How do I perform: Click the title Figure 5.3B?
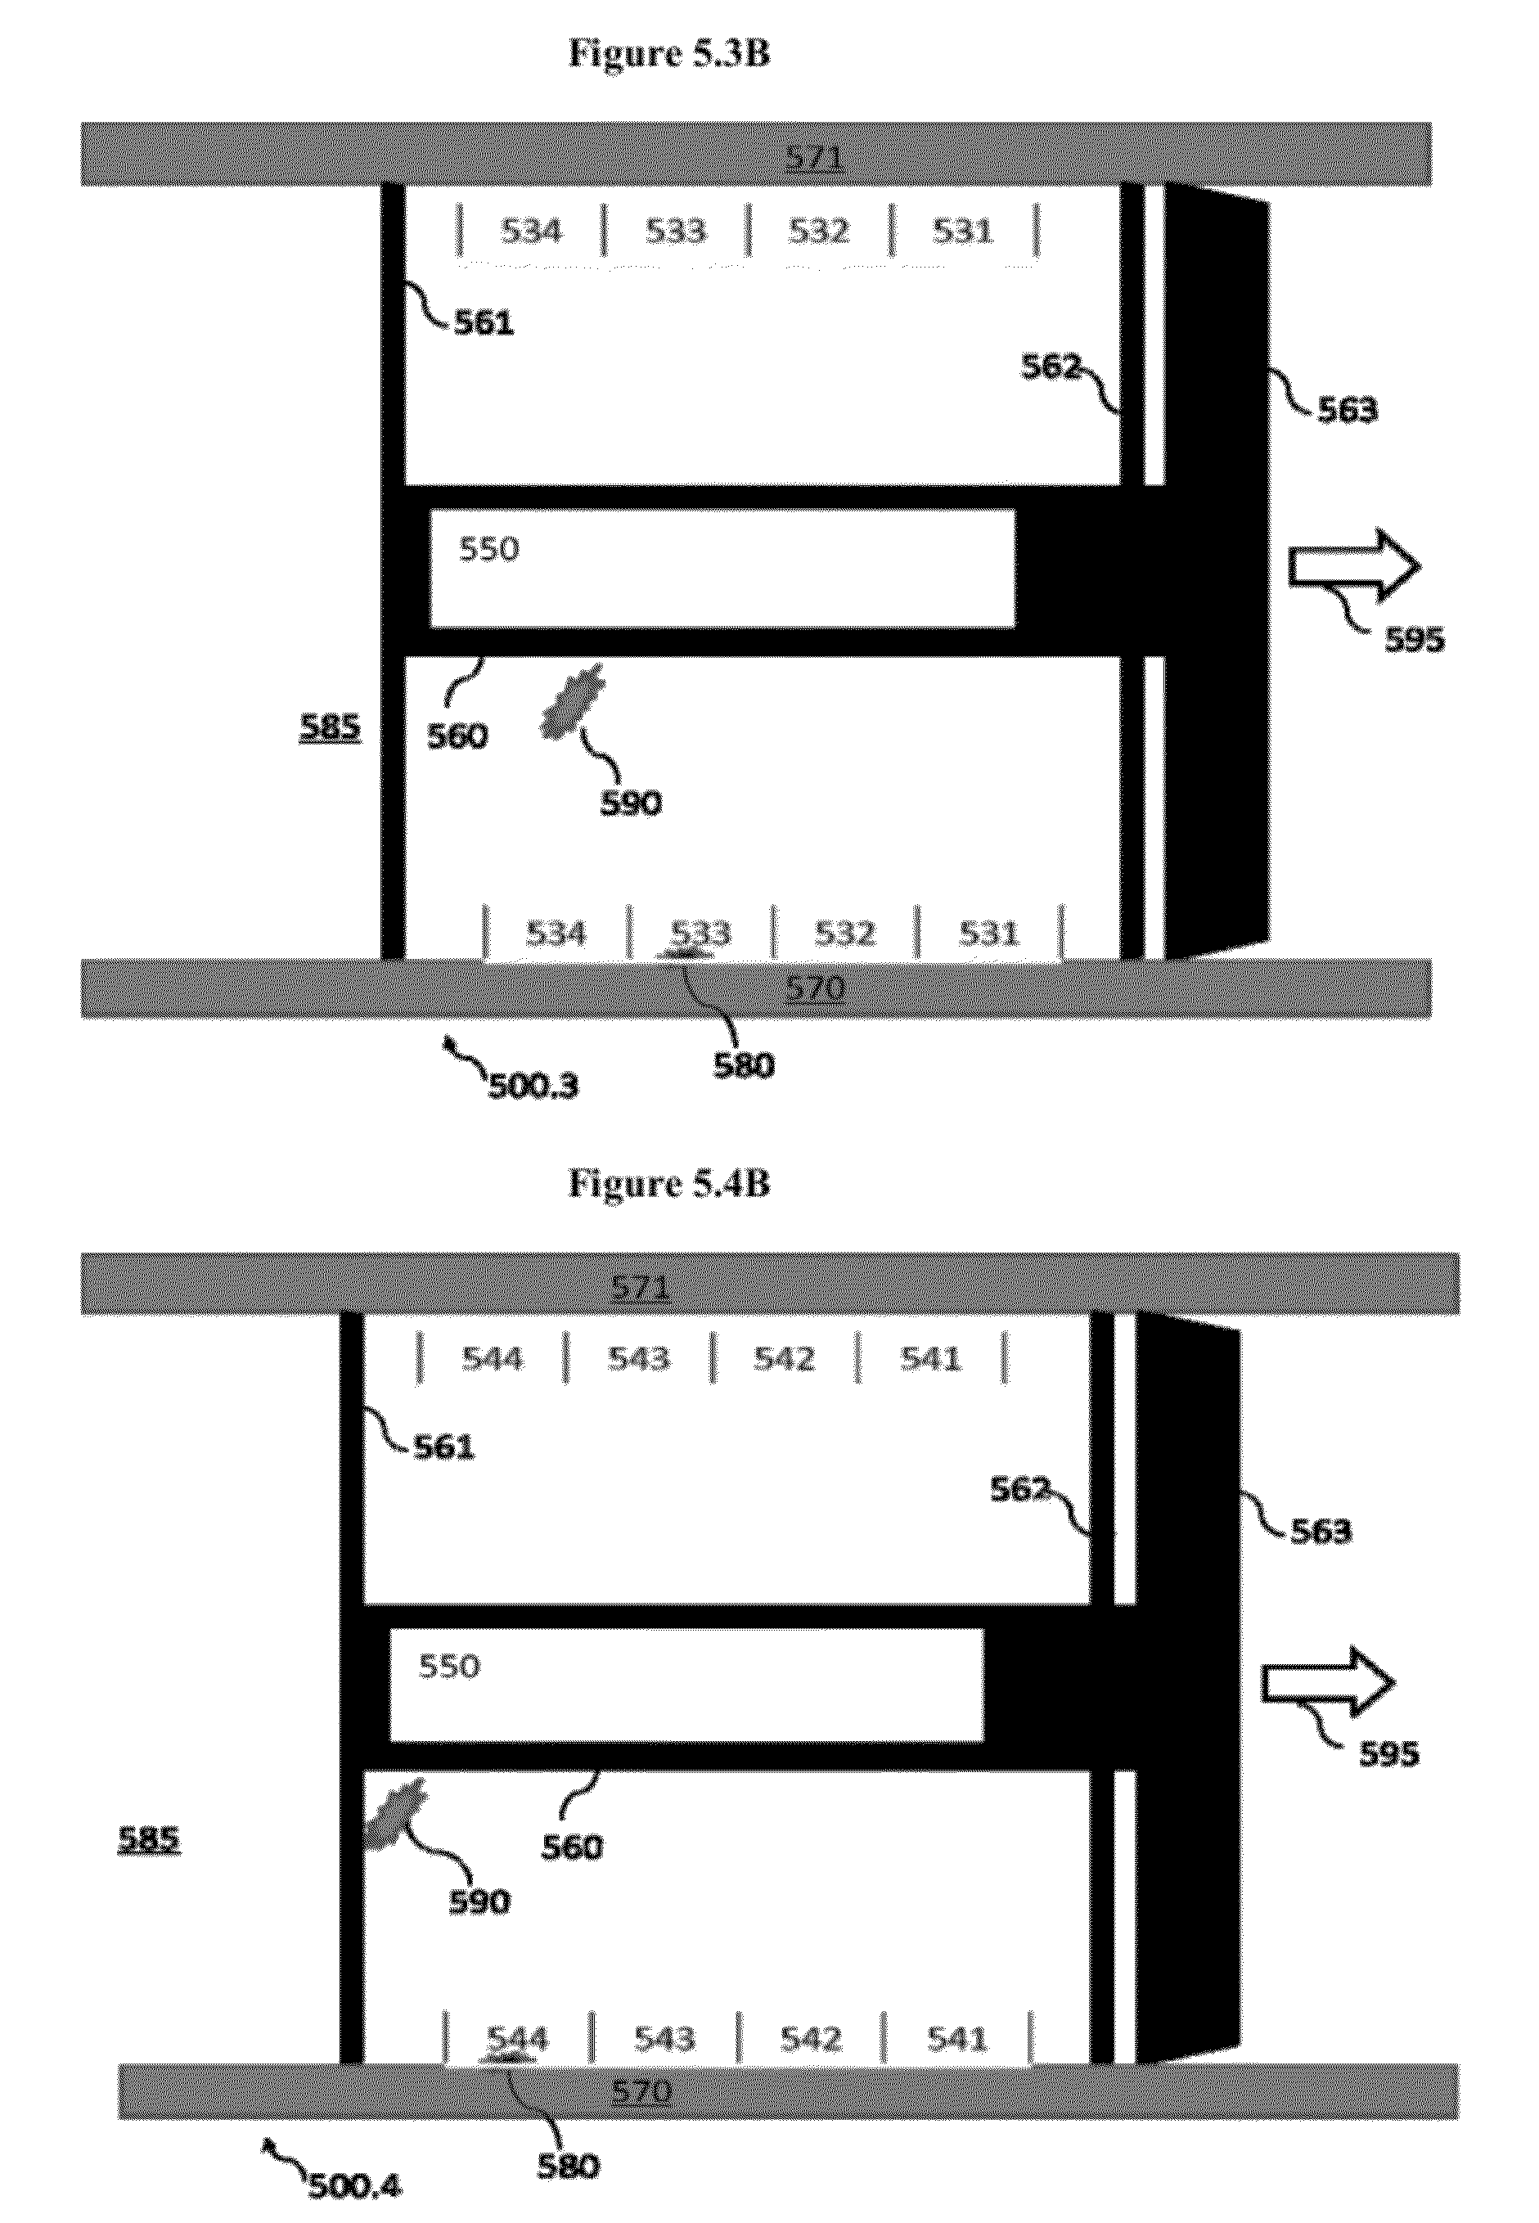pyautogui.click(x=669, y=54)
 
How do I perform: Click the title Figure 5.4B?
pyautogui.click(x=669, y=1182)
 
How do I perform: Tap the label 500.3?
pyautogui.click(x=533, y=1087)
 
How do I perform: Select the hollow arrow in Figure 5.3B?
pyautogui.click(x=1355, y=566)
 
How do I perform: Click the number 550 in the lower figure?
pyautogui.click(x=449, y=1666)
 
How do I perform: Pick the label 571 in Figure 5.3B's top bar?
pyautogui.click(x=814, y=157)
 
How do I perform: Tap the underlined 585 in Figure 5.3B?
pyautogui.click(x=330, y=727)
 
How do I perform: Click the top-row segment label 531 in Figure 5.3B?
pyautogui.click(x=962, y=231)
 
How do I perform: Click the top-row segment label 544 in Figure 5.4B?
pyautogui.click(x=492, y=1358)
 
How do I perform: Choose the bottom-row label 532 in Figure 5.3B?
pyautogui.click(x=844, y=934)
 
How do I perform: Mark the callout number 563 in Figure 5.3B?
pyautogui.click(x=1347, y=410)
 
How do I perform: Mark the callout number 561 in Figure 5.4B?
pyautogui.click(x=444, y=1447)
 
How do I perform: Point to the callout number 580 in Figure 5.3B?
pyautogui.click(x=744, y=1065)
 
